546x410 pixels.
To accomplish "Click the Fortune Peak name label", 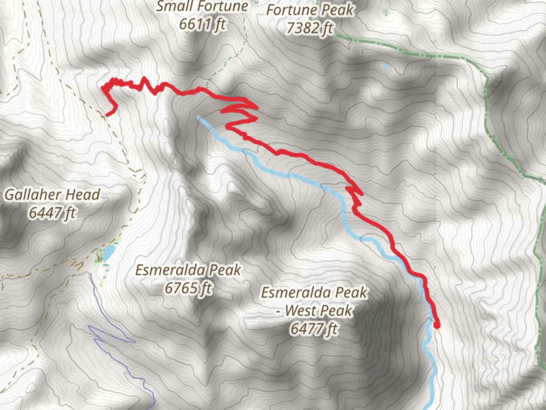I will (x=310, y=10).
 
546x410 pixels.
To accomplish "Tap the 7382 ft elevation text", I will (x=310, y=28).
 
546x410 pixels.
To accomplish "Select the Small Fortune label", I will (x=202, y=6).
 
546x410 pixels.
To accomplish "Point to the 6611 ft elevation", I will (x=202, y=24).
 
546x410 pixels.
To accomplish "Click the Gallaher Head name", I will (x=52, y=195).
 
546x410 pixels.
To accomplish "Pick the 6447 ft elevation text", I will (x=52, y=213).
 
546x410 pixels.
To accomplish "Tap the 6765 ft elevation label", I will (x=188, y=288).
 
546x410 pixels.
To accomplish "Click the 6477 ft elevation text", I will (x=314, y=328).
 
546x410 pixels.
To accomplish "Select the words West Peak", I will (x=318, y=311).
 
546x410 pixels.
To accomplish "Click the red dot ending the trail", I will (x=437, y=325).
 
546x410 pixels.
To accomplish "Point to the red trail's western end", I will (x=107, y=114).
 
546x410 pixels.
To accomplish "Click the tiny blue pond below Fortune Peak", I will (x=385, y=66).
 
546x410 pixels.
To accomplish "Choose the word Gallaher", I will (x=33, y=195).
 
